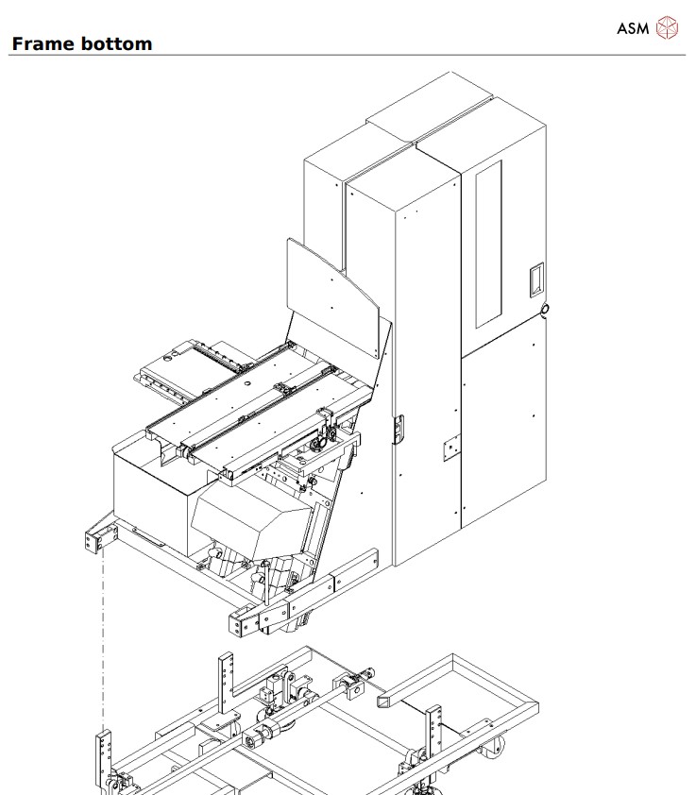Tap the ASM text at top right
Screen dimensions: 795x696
(633, 27)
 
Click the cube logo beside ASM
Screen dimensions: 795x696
(668, 27)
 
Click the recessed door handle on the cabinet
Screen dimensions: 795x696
(535, 278)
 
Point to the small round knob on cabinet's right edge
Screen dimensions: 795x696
(545, 310)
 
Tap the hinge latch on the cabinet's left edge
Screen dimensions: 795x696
(398, 429)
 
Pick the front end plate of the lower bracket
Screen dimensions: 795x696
(245, 620)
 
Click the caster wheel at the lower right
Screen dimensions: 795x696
(495, 758)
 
